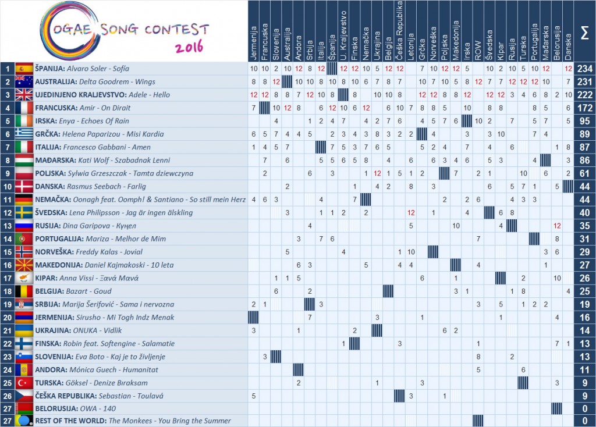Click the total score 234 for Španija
tap(584, 69)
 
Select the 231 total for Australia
tap(584, 82)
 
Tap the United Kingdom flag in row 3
tap(24, 95)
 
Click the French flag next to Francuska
tap(24, 108)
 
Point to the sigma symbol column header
tap(584, 30)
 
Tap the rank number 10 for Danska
tap(7, 186)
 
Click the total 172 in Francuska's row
tap(584, 108)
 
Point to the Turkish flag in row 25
tap(24, 382)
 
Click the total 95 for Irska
tap(584, 121)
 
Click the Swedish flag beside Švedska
tap(24, 212)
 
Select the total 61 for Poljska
tap(584, 173)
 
